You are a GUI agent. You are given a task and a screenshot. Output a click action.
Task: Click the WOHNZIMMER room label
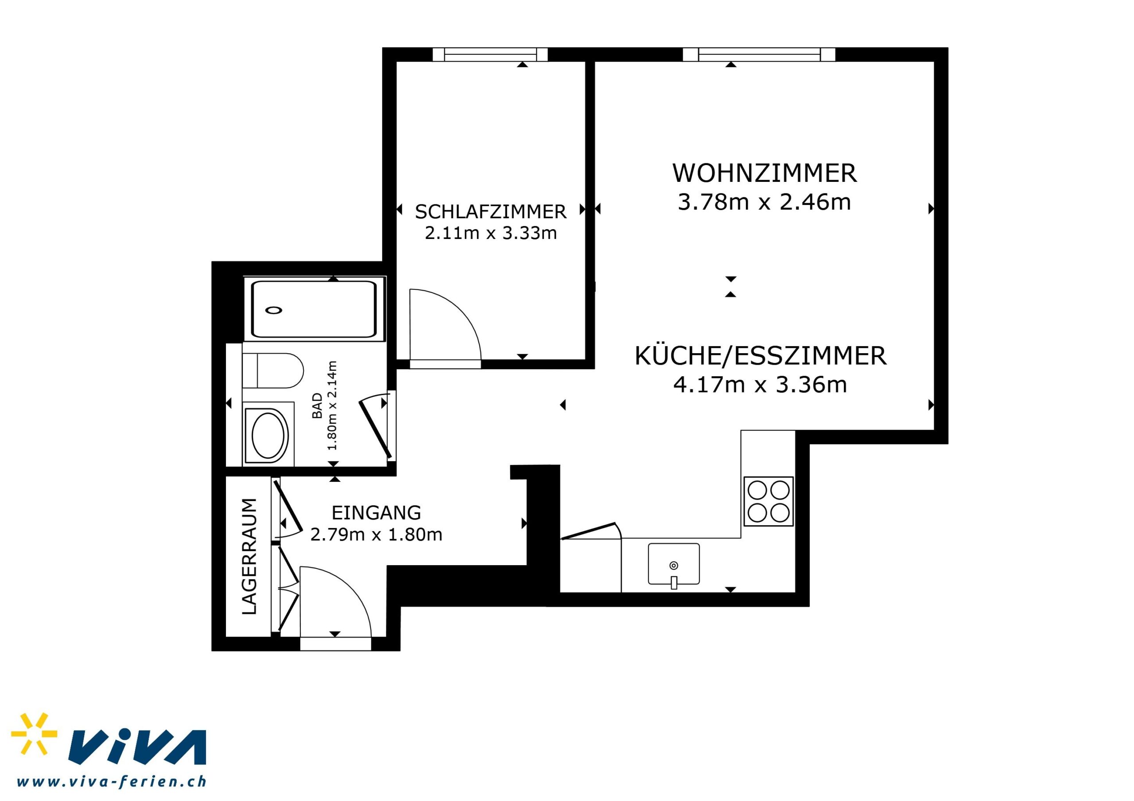[764, 173]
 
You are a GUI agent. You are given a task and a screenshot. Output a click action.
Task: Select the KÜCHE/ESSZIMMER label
[760, 356]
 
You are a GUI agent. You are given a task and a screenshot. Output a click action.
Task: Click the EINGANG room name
[376, 513]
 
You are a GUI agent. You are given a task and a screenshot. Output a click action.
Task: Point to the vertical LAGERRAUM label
[249, 556]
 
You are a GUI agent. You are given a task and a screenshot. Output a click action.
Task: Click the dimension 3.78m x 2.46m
[764, 202]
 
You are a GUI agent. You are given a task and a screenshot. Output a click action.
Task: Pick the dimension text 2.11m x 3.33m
[490, 233]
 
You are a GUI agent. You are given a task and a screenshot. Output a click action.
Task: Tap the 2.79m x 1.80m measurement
[376, 535]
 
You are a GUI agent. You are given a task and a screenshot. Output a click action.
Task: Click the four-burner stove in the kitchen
[769, 501]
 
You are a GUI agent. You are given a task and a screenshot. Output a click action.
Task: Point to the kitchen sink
[674, 564]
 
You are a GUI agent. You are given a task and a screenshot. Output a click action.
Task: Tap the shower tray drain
[273, 310]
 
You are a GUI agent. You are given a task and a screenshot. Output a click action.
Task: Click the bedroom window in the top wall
[490, 54]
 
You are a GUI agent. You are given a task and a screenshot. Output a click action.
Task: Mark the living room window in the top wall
[759, 54]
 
